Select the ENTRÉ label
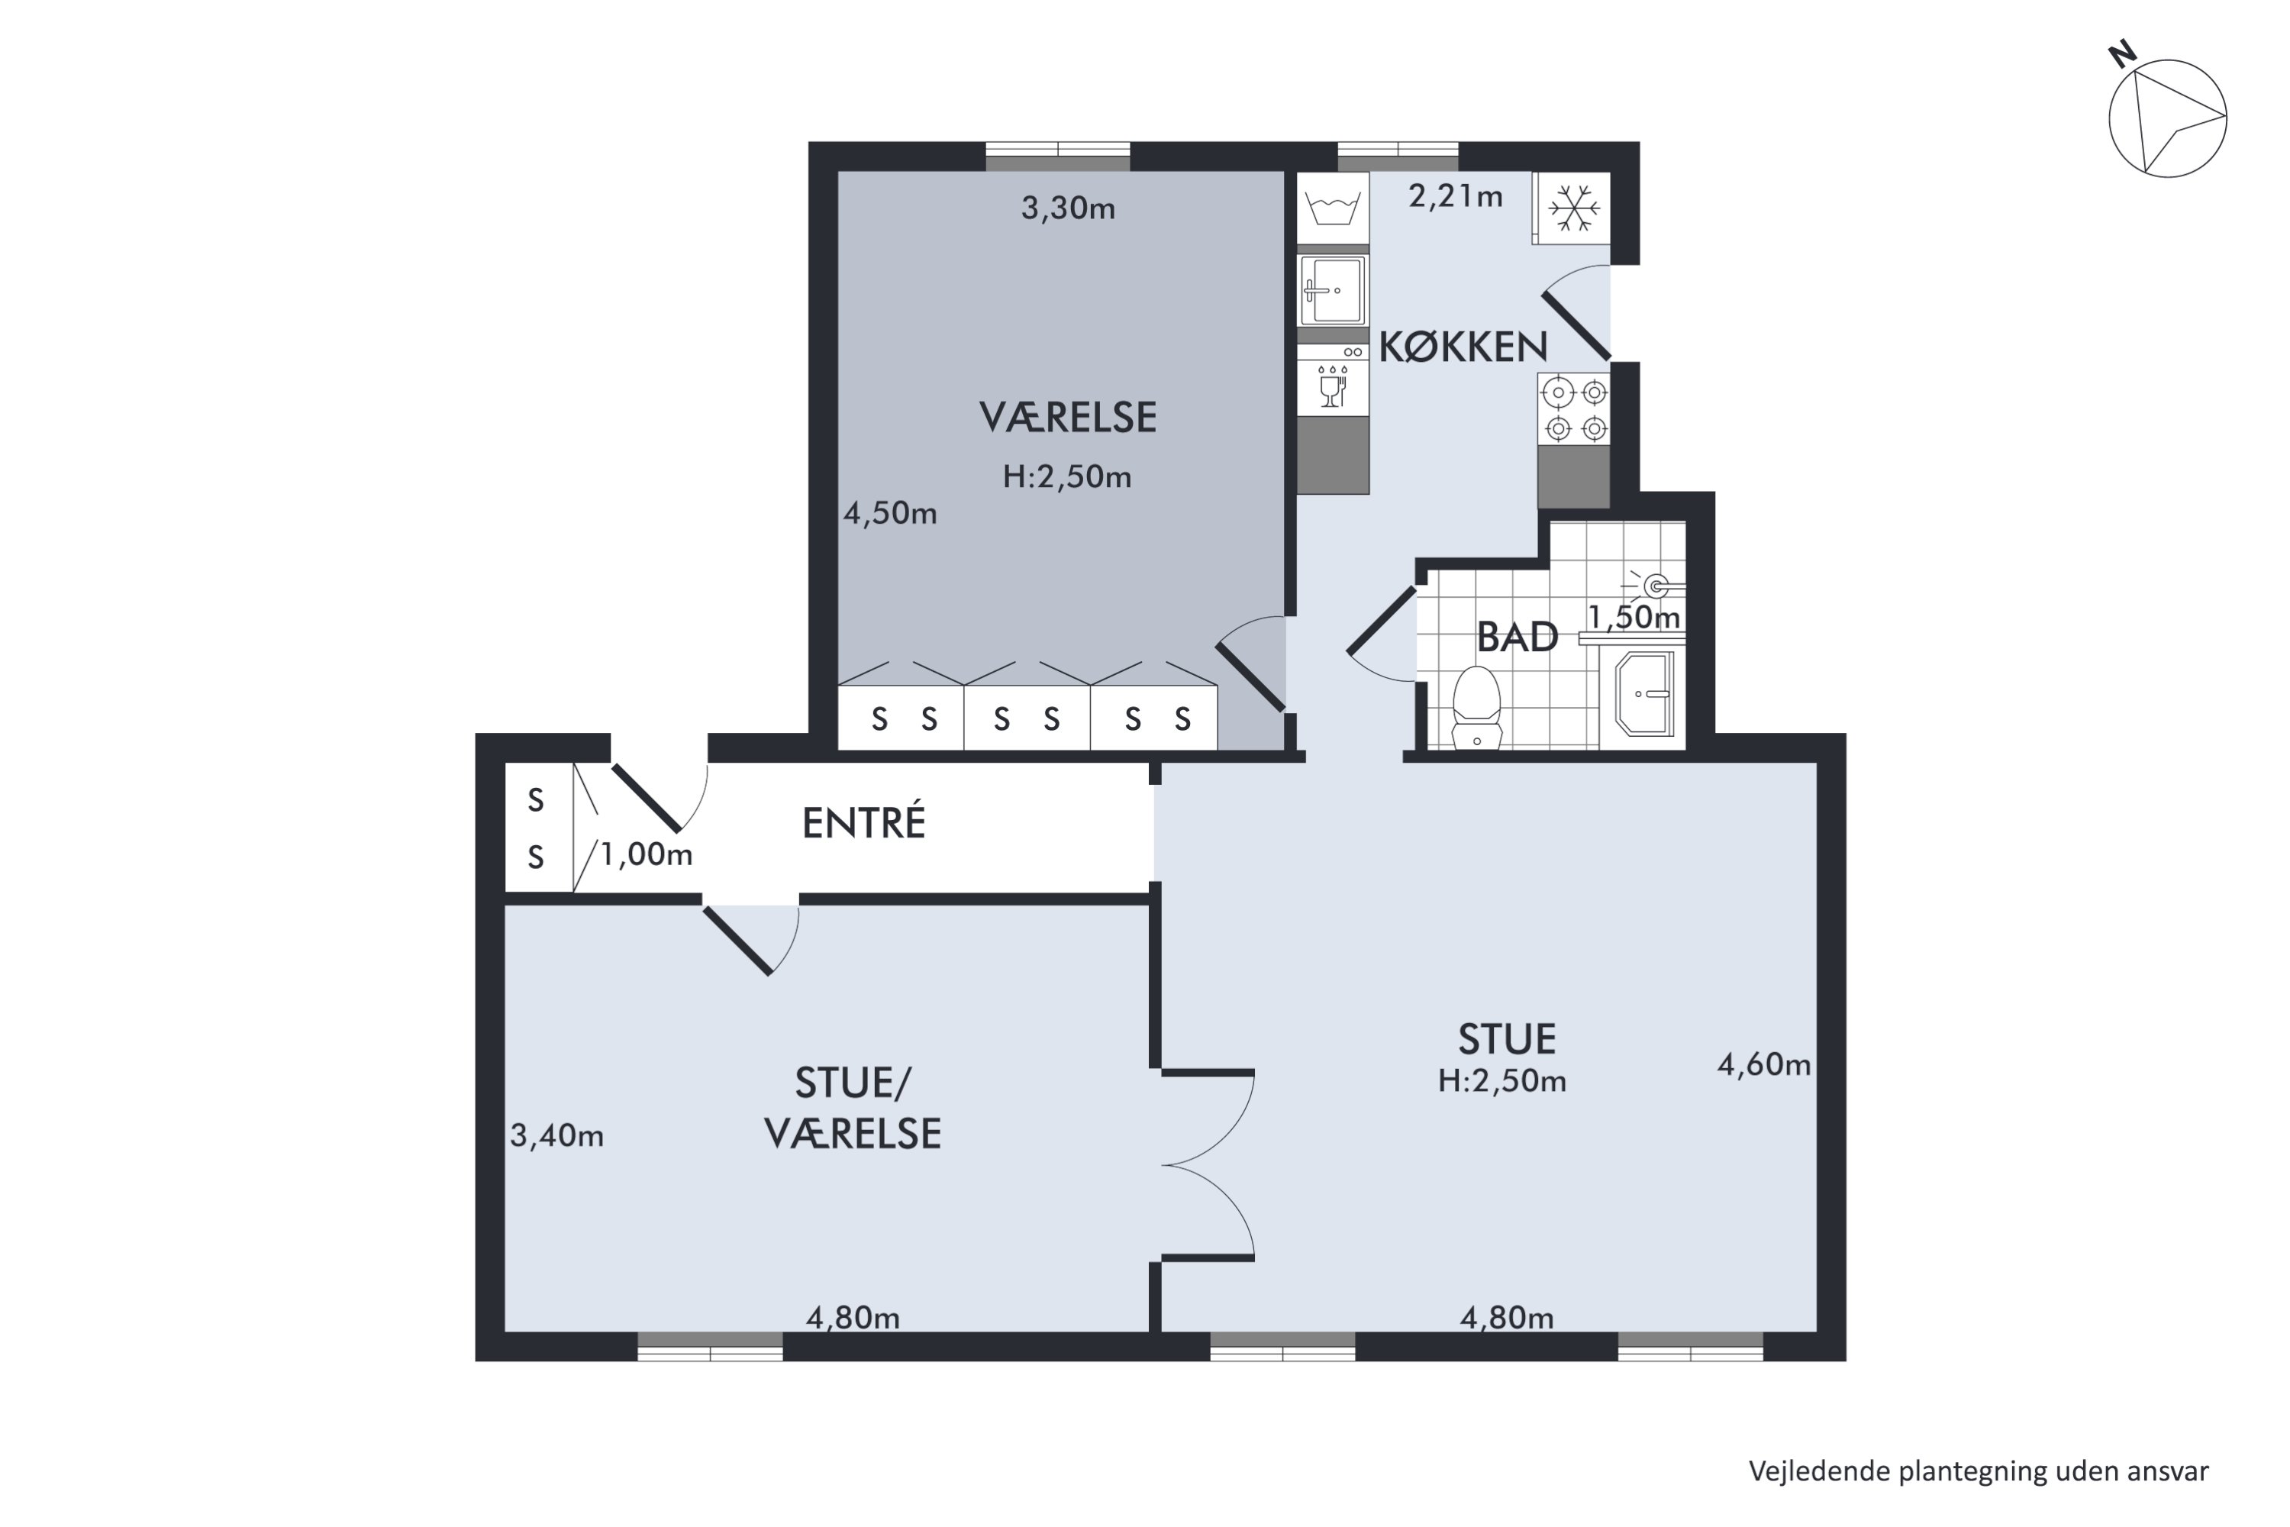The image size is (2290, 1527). (x=863, y=823)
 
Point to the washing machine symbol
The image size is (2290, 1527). (x=1333, y=208)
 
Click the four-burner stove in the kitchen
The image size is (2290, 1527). (x=1573, y=409)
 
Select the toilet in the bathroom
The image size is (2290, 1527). (x=1477, y=707)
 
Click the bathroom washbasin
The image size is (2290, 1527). (x=1644, y=693)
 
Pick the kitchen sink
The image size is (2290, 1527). (x=1333, y=290)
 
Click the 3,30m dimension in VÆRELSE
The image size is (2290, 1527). (x=1067, y=208)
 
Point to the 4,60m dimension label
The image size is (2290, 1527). (x=1763, y=1064)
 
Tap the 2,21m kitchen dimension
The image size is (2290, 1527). (x=1456, y=197)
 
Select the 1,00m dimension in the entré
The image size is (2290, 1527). (x=646, y=855)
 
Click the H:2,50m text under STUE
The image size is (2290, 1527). (x=1502, y=1081)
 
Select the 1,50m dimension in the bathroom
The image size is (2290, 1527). (x=1634, y=618)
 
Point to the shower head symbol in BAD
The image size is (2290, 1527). (x=1654, y=586)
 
